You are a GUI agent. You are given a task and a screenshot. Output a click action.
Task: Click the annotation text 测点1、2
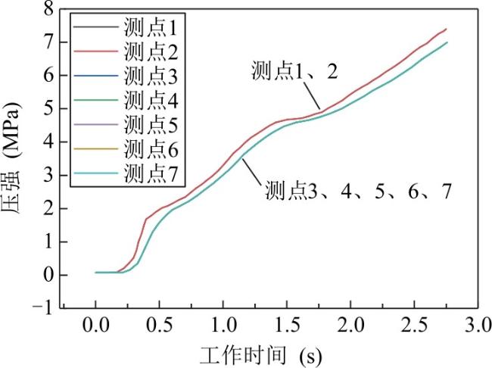(x=294, y=70)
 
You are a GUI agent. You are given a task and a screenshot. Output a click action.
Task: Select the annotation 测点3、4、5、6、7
(x=358, y=191)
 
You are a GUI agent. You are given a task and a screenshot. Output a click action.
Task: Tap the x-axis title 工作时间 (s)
(x=260, y=356)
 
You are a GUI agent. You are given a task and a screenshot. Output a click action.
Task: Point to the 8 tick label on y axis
(x=49, y=9)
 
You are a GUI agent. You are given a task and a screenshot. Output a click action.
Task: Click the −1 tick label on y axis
(x=43, y=308)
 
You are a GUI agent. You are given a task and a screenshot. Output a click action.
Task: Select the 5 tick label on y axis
(x=49, y=108)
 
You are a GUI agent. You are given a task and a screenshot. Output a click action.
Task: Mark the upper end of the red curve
(x=446, y=29)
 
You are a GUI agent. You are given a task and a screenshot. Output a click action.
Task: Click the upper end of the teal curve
(x=447, y=42)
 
